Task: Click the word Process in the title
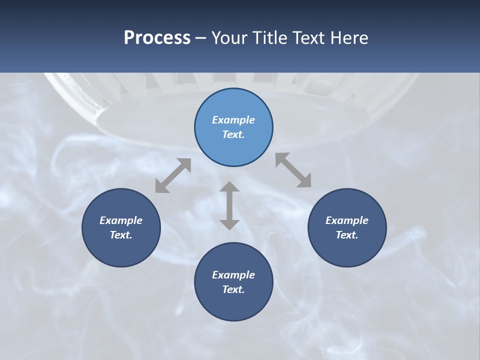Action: (157, 38)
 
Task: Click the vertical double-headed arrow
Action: (229, 205)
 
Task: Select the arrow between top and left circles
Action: (173, 175)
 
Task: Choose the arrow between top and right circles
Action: (293, 170)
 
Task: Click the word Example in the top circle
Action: (233, 120)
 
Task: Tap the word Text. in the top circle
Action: (233, 134)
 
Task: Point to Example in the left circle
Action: (121, 220)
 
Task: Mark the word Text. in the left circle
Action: (121, 235)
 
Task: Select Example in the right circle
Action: (347, 220)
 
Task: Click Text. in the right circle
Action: (347, 235)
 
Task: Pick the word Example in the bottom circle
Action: (233, 275)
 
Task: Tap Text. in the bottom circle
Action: (233, 289)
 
